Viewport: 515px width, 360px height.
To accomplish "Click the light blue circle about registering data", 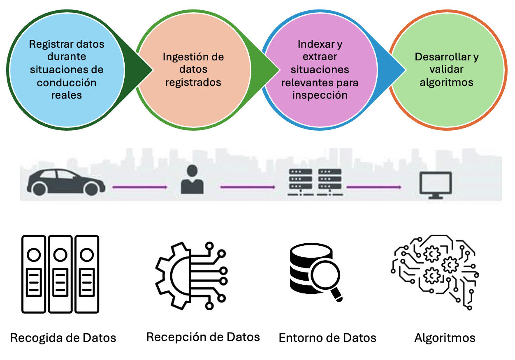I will [x=66, y=69].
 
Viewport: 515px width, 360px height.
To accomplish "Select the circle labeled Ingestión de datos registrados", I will [x=193, y=69].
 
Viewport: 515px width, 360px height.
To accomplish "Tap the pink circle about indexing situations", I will [x=320, y=69].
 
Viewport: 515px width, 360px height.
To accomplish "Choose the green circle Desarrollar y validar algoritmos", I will [x=447, y=69].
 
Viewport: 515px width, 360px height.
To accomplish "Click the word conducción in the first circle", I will [x=66, y=82].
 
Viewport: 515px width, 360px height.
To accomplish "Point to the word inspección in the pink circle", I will [x=320, y=95].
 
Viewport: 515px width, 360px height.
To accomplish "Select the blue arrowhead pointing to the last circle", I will [x=393, y=66].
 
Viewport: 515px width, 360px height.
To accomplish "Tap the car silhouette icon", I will [x=66, y=182].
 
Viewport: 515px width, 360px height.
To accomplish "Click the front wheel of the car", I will [x=91, y=189].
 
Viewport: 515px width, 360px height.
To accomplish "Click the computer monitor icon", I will [x=435, y=185].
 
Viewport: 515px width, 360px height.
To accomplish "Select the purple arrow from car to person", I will [x=140, y=187].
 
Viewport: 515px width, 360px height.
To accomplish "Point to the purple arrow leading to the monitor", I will [x=373, y=187].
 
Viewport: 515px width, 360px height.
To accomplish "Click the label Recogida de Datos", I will [x=63, y=338].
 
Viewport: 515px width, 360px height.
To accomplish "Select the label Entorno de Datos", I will [x=327, y=338].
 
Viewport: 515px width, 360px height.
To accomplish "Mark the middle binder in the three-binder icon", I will [x=60, y=273].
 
